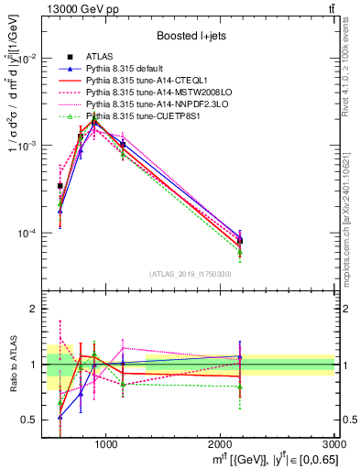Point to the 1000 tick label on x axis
coord(106,444)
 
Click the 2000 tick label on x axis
coord(221,444)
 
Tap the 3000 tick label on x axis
coord(334,444)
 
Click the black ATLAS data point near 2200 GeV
coord(240,241)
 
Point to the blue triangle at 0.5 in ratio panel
coord(60,417)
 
